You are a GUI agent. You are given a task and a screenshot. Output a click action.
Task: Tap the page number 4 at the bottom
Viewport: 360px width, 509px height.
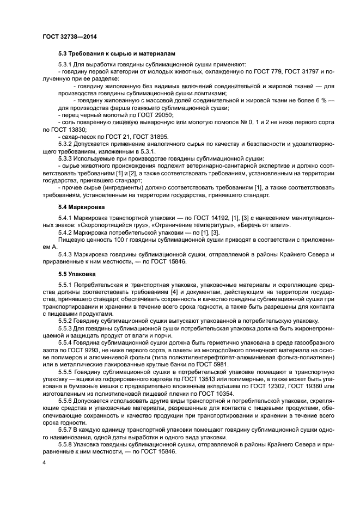(45, 462)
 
